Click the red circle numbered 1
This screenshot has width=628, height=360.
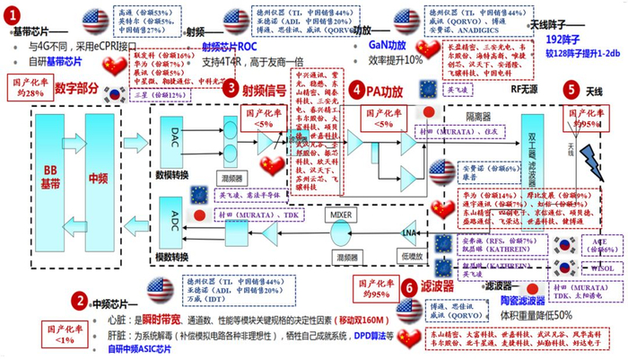tap(12, 15)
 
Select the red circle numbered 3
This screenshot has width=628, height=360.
tap(231, 89)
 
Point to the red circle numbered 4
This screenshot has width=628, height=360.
tap(357, 90)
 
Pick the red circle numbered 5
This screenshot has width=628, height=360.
tap(571, 89)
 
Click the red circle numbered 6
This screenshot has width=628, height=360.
tap(408, 285)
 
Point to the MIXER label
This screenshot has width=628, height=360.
tap(340, 215)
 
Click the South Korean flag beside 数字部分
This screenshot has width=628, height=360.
tap(114, 92)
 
